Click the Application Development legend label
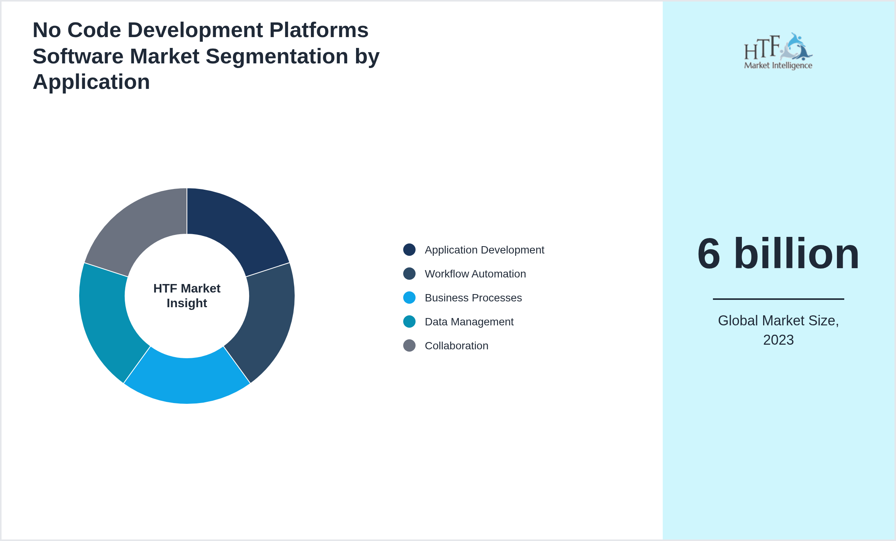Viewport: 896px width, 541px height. tap(484, 250)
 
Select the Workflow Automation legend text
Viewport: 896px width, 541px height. tap(475, 274)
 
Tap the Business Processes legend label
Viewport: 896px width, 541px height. tap(473, 298)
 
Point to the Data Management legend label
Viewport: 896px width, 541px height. tap(469, 322)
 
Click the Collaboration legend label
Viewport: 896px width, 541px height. tap(456, 346)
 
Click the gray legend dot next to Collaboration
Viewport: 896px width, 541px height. tap(409, 345)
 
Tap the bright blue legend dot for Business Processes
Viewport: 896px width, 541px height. tap(409, 298)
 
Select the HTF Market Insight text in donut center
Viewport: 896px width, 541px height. tap(187, 296)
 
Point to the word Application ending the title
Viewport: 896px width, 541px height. tap(91, 82)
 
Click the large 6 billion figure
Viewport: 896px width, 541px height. tap(778, 254)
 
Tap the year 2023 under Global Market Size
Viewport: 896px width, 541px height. tap(778, 340)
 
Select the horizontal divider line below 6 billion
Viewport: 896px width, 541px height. tap(778, 299)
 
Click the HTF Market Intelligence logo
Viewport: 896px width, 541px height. tap(778, 51)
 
